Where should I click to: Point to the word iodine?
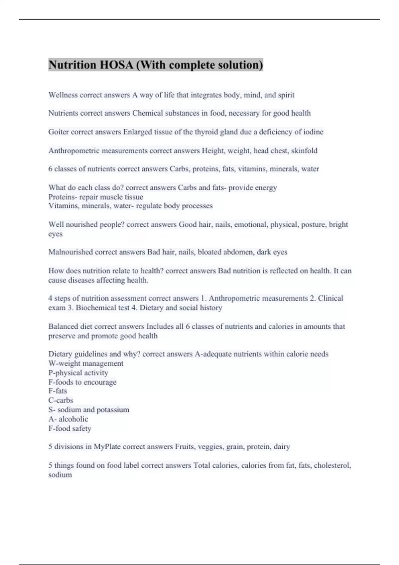tap(313, 132)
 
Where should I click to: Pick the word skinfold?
tap(304, 151)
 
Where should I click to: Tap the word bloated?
tap(209, 252)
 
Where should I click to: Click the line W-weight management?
tap(86, 363)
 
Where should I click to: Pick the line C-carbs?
tap(61, 400)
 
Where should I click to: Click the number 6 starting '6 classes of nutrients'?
tap(51, 169)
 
